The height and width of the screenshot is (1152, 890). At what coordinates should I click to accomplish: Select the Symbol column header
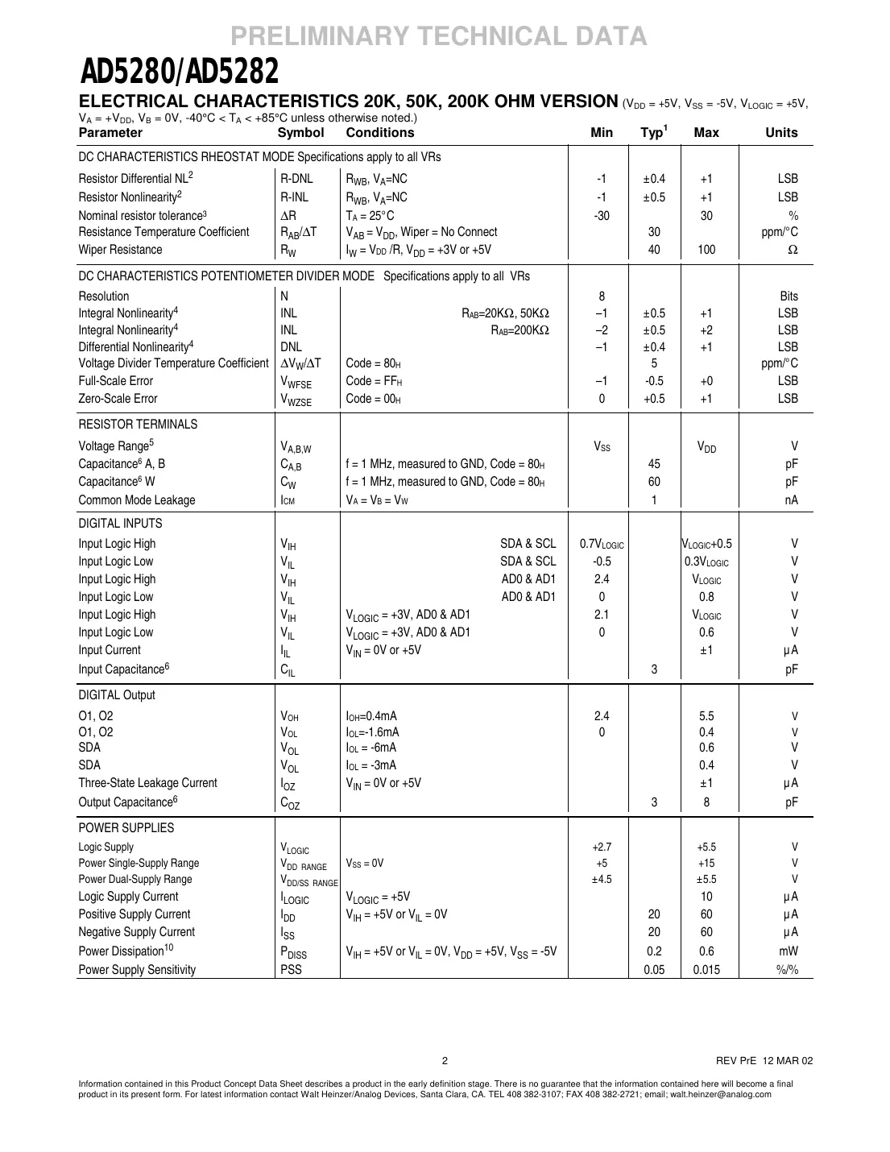300,133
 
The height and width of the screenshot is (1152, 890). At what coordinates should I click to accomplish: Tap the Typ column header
653,133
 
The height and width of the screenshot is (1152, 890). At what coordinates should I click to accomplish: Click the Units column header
781,133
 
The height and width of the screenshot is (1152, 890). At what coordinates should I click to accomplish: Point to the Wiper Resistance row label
120,250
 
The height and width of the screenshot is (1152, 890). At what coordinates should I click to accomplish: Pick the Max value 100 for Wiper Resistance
706,250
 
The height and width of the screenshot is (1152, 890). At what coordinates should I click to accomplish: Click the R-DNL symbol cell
296,179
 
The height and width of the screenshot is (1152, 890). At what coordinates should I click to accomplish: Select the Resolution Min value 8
602,296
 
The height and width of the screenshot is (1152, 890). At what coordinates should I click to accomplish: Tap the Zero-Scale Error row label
118,399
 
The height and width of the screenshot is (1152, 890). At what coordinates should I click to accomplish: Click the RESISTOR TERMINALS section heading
138,425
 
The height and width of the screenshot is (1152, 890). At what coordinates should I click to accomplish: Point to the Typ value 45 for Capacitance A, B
654,464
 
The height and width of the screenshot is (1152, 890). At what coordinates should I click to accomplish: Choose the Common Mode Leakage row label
137,500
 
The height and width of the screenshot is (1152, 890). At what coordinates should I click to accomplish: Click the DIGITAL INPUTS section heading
120,524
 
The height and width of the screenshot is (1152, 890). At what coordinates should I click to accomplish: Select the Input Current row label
110,650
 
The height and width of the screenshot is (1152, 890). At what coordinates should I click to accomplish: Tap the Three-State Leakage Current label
147,783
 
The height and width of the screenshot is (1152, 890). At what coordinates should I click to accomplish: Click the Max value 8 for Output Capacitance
706,802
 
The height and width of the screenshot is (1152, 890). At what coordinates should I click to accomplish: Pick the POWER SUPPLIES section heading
126,828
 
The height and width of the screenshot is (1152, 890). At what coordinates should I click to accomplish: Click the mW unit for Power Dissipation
789,951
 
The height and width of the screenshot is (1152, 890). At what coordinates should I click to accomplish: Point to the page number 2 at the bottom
445,1060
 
